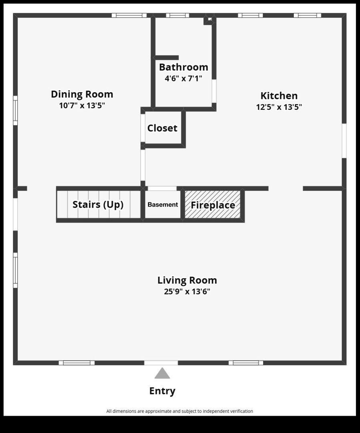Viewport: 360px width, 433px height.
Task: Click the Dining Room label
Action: [82, 94]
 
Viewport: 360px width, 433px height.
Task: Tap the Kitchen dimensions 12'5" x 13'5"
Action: [279, 107]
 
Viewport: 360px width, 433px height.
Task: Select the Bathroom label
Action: [184, 67]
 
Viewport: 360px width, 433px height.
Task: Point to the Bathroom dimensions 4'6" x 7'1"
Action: [184, 79]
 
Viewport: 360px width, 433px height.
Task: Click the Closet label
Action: [162, 128]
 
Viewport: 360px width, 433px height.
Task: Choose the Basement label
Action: [163, 204]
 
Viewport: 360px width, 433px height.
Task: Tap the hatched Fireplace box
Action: [212, 204]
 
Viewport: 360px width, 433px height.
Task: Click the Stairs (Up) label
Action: [98, 204]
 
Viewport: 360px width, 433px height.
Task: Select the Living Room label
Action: [187, 280]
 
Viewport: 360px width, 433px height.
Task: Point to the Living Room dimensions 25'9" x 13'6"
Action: [187, 291]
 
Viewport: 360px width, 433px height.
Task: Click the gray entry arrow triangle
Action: [162, 373]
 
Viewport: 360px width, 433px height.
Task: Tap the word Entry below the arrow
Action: [162, 391]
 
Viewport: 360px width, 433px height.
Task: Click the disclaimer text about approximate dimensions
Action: [180, 411]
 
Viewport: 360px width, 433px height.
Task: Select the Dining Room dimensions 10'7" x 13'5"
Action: [82, 105]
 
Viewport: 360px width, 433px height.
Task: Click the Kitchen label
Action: [279, 96]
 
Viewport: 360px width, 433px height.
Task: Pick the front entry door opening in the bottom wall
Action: [161, 363]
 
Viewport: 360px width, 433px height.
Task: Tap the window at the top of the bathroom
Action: [178, 15]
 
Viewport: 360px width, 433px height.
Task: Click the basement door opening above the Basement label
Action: [162, 188]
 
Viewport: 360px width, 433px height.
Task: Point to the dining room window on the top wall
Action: [129, 15]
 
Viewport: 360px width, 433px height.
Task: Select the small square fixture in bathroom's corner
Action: [209, 20]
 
